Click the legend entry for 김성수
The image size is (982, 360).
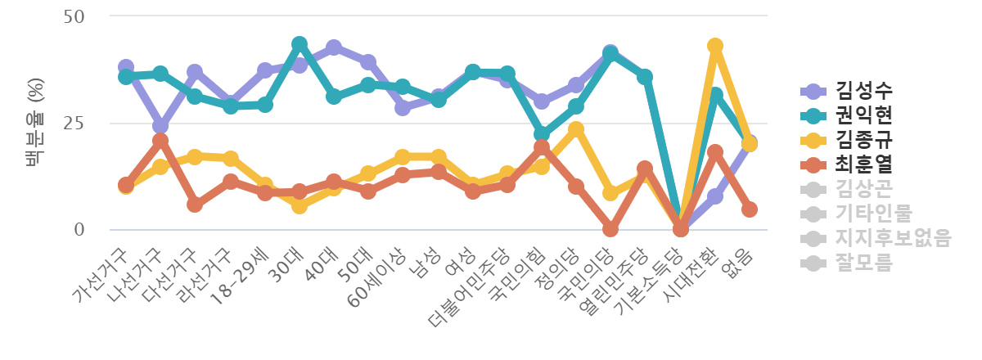[858, 90]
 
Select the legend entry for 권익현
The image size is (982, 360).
[858, 114]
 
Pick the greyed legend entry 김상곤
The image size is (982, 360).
[858, 189]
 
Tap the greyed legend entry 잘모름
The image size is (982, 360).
[858, 263]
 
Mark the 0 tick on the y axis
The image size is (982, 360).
[80, 230]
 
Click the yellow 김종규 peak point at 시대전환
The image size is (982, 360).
[715, 46]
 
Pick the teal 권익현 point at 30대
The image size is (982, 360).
[300, 43]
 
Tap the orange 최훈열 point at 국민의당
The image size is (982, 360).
[610, 229]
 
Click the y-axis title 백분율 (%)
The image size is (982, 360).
[36, 123]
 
